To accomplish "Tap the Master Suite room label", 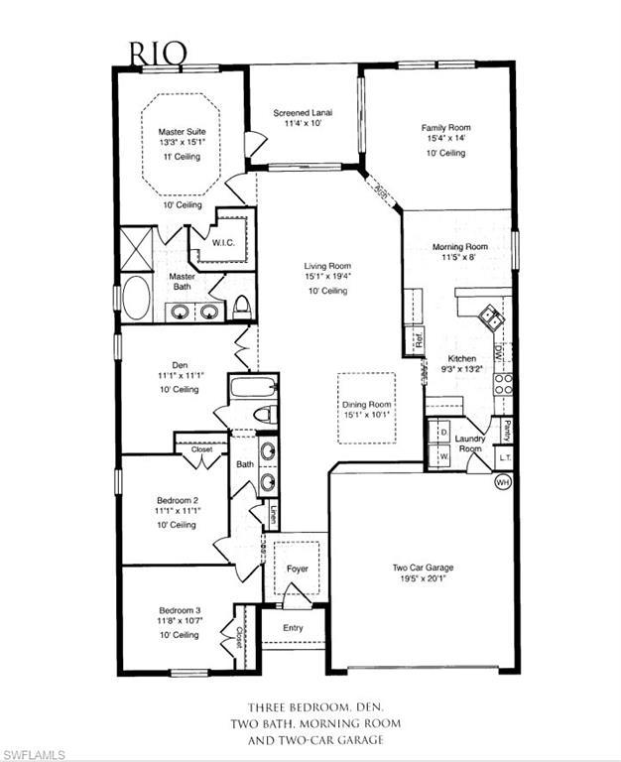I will point(181,131).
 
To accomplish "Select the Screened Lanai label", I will point(303,113).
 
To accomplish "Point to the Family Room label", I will point(445,128).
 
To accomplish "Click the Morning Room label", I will point(459,247).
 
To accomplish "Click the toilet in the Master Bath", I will point(242,307).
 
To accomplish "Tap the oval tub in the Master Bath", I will point(136,298).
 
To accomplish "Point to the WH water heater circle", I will point(502,483).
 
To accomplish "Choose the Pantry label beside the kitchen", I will point(507,430).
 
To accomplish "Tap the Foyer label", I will point(297,570).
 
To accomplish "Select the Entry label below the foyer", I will point(293,628).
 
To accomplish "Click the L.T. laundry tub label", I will point(504,457).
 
